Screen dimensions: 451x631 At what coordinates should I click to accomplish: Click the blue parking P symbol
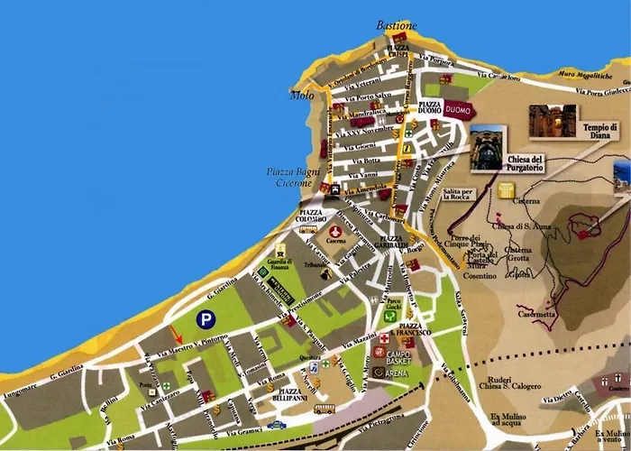(x=206, y=318)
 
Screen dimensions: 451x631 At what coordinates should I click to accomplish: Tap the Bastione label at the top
(x=398, y=26)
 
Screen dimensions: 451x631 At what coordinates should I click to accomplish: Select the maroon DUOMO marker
(x=458, y=111)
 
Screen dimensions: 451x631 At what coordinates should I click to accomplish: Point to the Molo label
(x=302, y=94)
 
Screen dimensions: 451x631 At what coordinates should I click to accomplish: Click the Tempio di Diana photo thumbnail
(x=552, y=120)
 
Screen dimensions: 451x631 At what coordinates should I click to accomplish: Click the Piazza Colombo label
(x=315, y=216)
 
